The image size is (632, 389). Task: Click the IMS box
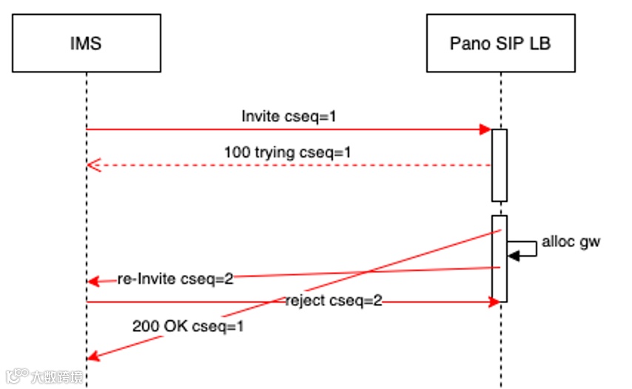tap(86, 44)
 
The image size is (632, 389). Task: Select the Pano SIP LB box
tap(500, 44)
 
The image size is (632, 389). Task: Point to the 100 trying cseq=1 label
tap(287, 152)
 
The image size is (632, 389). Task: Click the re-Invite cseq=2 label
tap(175, 280)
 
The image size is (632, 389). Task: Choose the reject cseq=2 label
tap(334, 301)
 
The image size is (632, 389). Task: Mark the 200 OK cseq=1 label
tap(188, 325)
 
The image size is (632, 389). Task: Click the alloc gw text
tap(571, 241)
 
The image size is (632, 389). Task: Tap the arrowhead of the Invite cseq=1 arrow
tap(486, 129)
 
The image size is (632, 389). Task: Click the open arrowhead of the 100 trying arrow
tap(92, 165)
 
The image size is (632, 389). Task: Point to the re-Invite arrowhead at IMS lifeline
tap(92, 282)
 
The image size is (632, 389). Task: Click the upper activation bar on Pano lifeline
tap(500, 164)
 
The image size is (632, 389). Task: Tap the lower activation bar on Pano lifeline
tap(500, 258)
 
